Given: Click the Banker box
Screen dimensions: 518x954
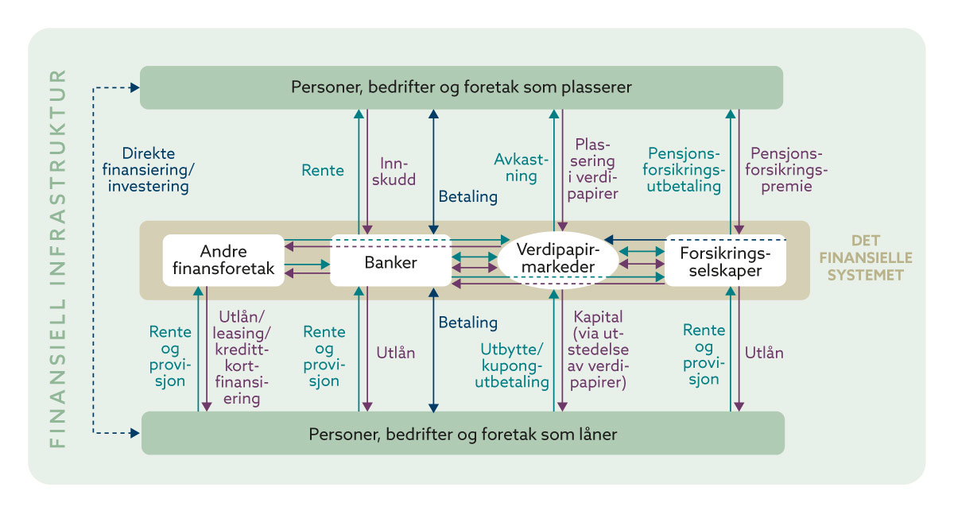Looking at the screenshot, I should click(x=390, y=261).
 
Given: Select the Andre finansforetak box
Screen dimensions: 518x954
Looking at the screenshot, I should click(x=223, y=261).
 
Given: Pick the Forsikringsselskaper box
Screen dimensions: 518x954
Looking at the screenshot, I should click(x=725, y=261).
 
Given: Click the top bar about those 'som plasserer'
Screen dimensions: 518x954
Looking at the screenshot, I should click(x=461, y=87).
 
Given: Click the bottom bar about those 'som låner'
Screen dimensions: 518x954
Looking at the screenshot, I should click(x=463, y=434).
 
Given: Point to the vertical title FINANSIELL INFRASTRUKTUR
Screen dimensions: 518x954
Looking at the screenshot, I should click(x=57, y=259).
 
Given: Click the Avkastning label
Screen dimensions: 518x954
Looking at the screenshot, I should click(x=521, y=168).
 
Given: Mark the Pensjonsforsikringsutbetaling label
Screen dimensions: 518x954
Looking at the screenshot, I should click(x=684, y=169).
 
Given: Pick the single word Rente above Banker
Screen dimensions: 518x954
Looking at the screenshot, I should click(x=323, y=170).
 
